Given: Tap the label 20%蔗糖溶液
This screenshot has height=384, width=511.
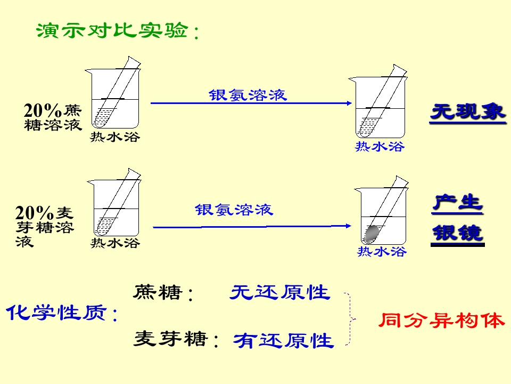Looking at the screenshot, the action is tap(53, 117).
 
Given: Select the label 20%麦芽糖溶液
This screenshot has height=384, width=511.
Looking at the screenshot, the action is tap(45, 226).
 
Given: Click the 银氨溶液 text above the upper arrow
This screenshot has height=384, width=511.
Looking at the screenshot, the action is tap(248, 95).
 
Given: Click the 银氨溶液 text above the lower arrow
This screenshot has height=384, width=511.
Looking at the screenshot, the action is tap(234, 210).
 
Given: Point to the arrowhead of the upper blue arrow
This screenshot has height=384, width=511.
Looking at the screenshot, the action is tap(350, 103).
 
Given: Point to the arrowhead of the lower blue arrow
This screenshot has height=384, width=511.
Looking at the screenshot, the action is tap(349, 226).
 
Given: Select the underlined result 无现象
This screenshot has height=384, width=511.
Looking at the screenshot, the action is tap(468, 112).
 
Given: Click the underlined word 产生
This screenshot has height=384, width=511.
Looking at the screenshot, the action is tap(457, 203).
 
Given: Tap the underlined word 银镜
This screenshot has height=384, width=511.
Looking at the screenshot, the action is tap(457, 233).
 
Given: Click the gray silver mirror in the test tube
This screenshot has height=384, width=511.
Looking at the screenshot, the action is tap(371, 234).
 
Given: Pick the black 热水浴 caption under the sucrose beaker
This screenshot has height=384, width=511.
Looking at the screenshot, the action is tap(115, 137).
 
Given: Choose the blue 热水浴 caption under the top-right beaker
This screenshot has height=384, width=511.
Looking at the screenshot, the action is tap(380, 146).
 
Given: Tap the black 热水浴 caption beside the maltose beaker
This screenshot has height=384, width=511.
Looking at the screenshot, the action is tap(115, 243).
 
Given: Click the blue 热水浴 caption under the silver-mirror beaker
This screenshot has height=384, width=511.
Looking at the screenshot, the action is tap(382, 251).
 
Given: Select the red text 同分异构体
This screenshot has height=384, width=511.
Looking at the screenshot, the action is tap(442, 321).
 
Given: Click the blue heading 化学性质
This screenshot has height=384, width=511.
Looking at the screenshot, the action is tap(62, 313).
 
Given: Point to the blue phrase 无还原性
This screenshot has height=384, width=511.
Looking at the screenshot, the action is tap(280, 292).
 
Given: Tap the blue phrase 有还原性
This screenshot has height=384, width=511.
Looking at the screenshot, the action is tap(283, 341).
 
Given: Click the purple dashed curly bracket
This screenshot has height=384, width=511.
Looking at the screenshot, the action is tap(351, 319).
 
